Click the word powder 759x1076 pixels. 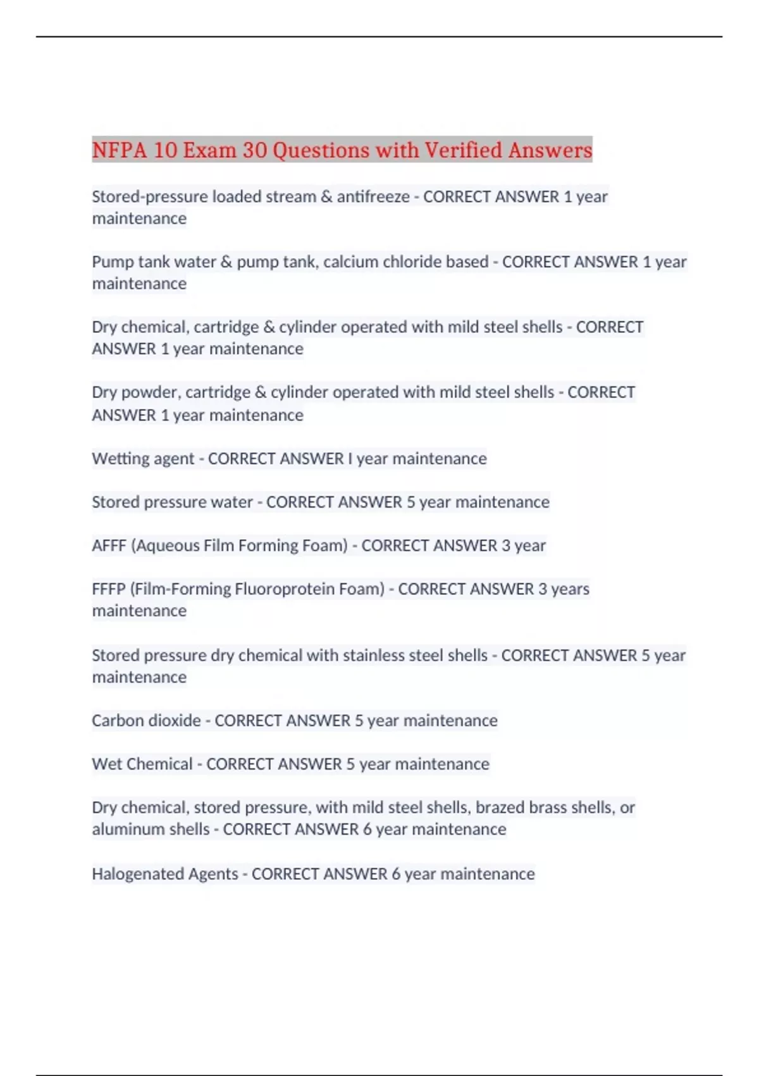coord(150,392)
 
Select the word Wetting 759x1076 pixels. coord(117,458)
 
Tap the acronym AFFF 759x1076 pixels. coord(109,546)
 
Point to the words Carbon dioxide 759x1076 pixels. coord(146,721)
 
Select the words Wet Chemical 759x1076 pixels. coord(142,764)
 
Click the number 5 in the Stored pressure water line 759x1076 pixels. coord(410,502)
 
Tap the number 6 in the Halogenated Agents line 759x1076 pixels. coord(396,874)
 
